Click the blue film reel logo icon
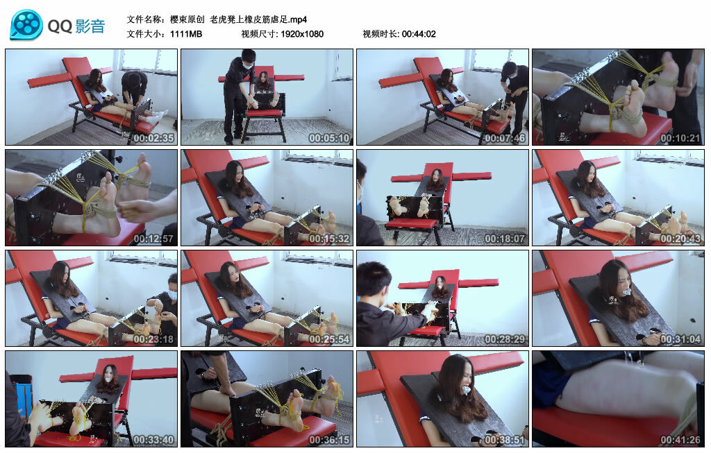26,25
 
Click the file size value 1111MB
186,34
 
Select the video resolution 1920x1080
302,34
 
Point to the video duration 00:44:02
419,34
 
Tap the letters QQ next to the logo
60,26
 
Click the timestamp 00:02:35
153,138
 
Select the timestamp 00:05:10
329,138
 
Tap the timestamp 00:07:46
505,138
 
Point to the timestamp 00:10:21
680,138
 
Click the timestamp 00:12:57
153,239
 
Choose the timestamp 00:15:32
329,239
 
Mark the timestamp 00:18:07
505,239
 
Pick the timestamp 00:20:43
680,239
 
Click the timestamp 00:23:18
153,339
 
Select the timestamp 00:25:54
329,339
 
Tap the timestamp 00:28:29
505,339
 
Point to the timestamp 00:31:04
680,339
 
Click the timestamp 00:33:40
153,440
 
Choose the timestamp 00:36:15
329,440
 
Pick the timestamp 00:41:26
680,440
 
